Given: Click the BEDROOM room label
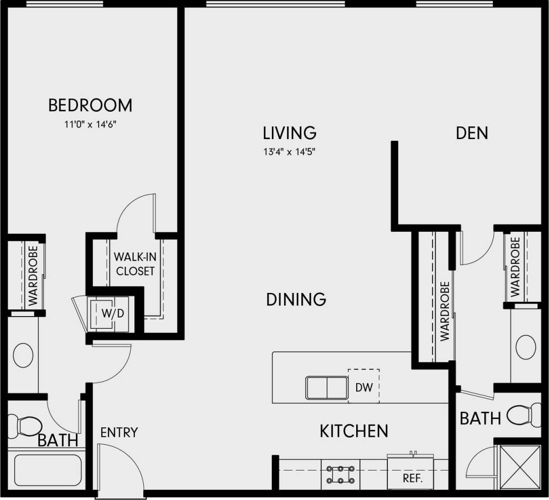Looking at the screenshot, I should click(x=90, y=105).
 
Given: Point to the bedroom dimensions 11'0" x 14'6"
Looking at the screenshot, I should click(x=90, y=125).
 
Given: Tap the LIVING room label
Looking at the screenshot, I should click(x=290, y=132).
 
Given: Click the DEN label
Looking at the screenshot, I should click(x=472, y=133).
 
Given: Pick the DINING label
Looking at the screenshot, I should click(x=296, y=299).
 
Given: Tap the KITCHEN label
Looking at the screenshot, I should click(x=354, y=431).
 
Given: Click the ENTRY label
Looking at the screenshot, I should click(x=119, y=433).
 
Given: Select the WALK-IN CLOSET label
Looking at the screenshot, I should click(x=135, y=264).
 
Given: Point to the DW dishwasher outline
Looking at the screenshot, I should click(x=364, y=387).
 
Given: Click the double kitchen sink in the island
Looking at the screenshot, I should click(x=327, y=388).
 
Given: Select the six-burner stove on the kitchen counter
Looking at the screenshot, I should click(x=339, y=473).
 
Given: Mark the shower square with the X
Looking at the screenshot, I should click(x=519, y=467).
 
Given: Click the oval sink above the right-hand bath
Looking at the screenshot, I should click(x=526, y=346).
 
